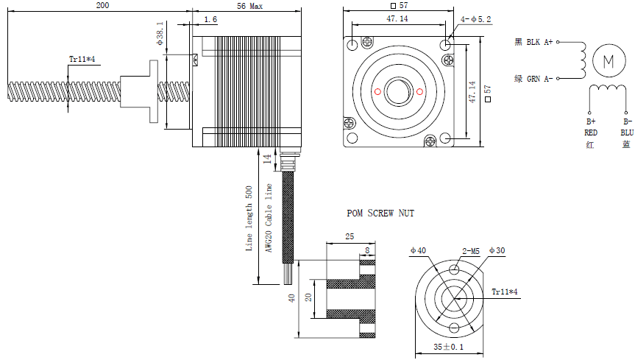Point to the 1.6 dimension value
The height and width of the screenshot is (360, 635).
pyautogui.click(x=210, y=19)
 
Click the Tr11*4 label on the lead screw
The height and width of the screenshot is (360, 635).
pyautogui.click(x=82, y=59)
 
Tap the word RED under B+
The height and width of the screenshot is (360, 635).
pyautogui.click(x=591, y=133)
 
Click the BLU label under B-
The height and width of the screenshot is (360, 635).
pyautogui.click(x=626, y=133)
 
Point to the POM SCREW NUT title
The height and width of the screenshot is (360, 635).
pyautogui.click(x=380, y=213)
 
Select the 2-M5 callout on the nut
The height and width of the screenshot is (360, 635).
pyautogui.click(x=472, y=251)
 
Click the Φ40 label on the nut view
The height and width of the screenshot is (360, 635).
pyautogui.click(x=418, y=251)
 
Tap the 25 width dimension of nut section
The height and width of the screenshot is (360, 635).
pyautogui.click(x=349, y=237)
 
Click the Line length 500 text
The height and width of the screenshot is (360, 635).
pyautogui.click(x=249, y=219)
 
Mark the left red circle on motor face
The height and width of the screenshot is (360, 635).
pyautogui.click(x=377, y=91)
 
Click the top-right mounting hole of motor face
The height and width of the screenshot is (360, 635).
pyautogui.click(x=446, y=46)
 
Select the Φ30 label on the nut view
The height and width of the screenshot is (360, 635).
pyautogui.click(x=497, y=251)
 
